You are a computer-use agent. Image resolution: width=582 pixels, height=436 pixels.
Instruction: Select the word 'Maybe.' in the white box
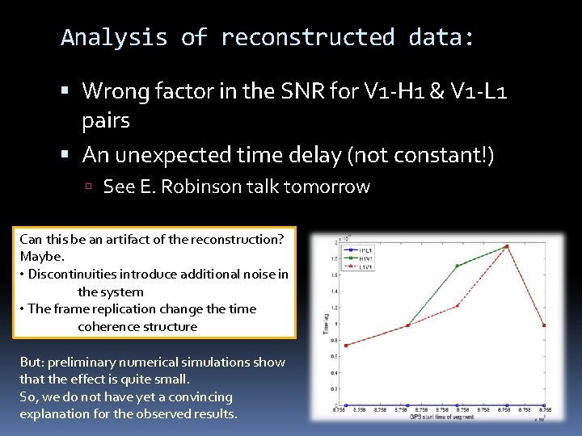point(40,257)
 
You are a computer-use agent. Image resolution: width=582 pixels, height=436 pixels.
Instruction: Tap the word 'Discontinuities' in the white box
point(70,274)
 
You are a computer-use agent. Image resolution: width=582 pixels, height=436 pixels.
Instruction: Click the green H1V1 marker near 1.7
point(458,266)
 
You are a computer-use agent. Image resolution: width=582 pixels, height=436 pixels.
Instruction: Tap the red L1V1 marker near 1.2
point(458,305)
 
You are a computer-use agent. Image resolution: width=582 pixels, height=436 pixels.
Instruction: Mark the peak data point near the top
point(507,246)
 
